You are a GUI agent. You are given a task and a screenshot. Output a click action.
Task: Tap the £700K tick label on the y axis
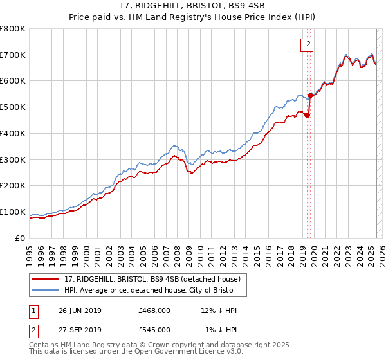click(x=13, y=55)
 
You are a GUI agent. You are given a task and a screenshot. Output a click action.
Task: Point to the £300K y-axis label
click(x=13, y=159)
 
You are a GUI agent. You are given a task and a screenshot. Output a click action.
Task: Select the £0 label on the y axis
click(x=21, y=238)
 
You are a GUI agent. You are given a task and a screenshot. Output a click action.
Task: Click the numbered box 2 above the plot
click(x=309, y=44)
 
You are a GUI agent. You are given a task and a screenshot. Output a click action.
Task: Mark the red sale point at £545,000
click(x=310, y=96)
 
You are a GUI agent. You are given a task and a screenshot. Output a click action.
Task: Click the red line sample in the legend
click(x=46, y=279)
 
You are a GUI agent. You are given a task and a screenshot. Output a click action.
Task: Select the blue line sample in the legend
click(x=46, y=291)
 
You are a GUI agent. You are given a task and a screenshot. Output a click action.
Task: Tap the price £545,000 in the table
click(x=154, y=330)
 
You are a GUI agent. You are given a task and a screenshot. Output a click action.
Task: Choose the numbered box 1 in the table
click(x=33, y=310)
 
